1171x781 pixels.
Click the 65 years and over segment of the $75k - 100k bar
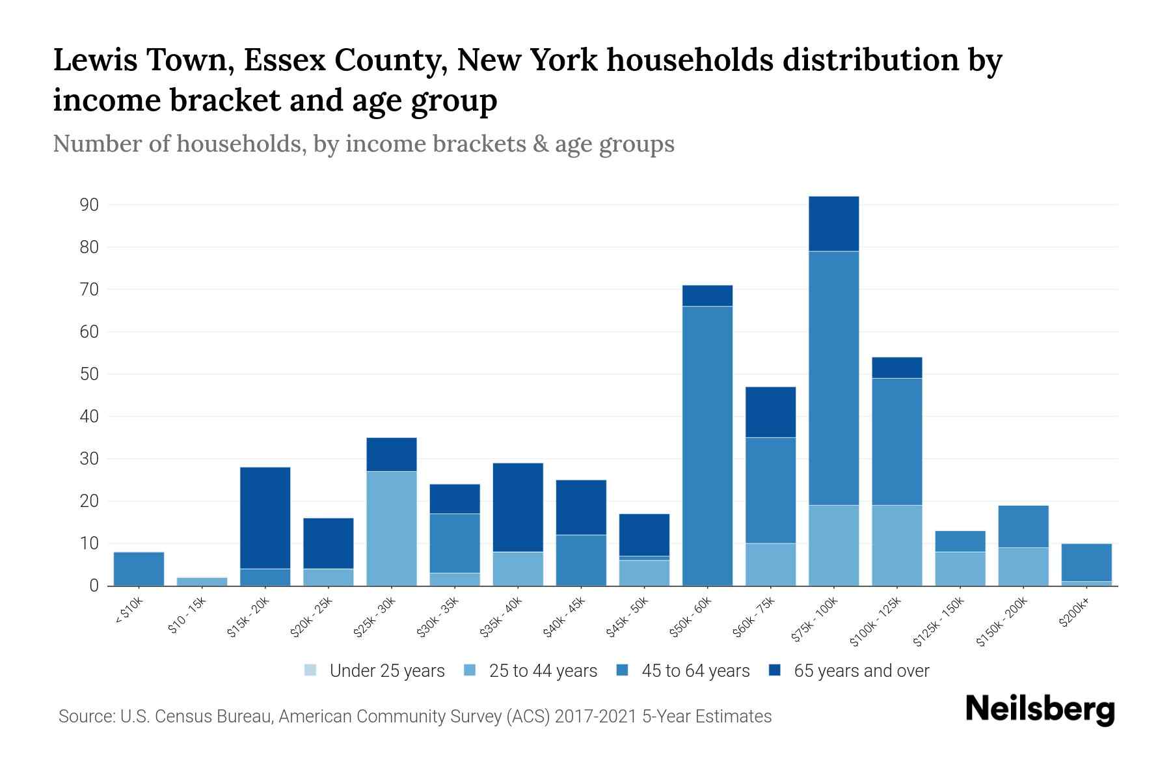click(x=833, y=223)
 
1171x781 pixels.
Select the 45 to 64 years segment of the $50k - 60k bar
click(x=707, y=446)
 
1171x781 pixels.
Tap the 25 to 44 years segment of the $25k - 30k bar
click(x=392, y=528)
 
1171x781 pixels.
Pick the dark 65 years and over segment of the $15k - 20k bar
click(x=265, y=518)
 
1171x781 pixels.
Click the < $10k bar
click(x=139, y=569)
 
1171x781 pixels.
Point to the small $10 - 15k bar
click(x=202, y=581)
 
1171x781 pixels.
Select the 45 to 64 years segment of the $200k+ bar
click(x=1086, y=562)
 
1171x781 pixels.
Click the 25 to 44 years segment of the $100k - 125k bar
click(x=896, y=545)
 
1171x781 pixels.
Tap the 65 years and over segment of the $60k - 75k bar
click(x=770, y=413)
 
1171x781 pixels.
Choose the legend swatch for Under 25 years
click(x=311, y=670)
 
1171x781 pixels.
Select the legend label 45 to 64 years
click(x=695, y=670)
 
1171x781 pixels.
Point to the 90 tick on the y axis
click(x=89, y=205)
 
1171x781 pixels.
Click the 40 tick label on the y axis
click(x=89, y=417)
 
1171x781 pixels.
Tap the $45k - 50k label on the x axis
click(x=627, y=618)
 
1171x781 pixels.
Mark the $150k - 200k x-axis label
click(x=1003, y=622)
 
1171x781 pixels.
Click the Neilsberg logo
click(x=1040, y=709)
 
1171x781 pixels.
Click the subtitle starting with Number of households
click(x=364, y=144)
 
